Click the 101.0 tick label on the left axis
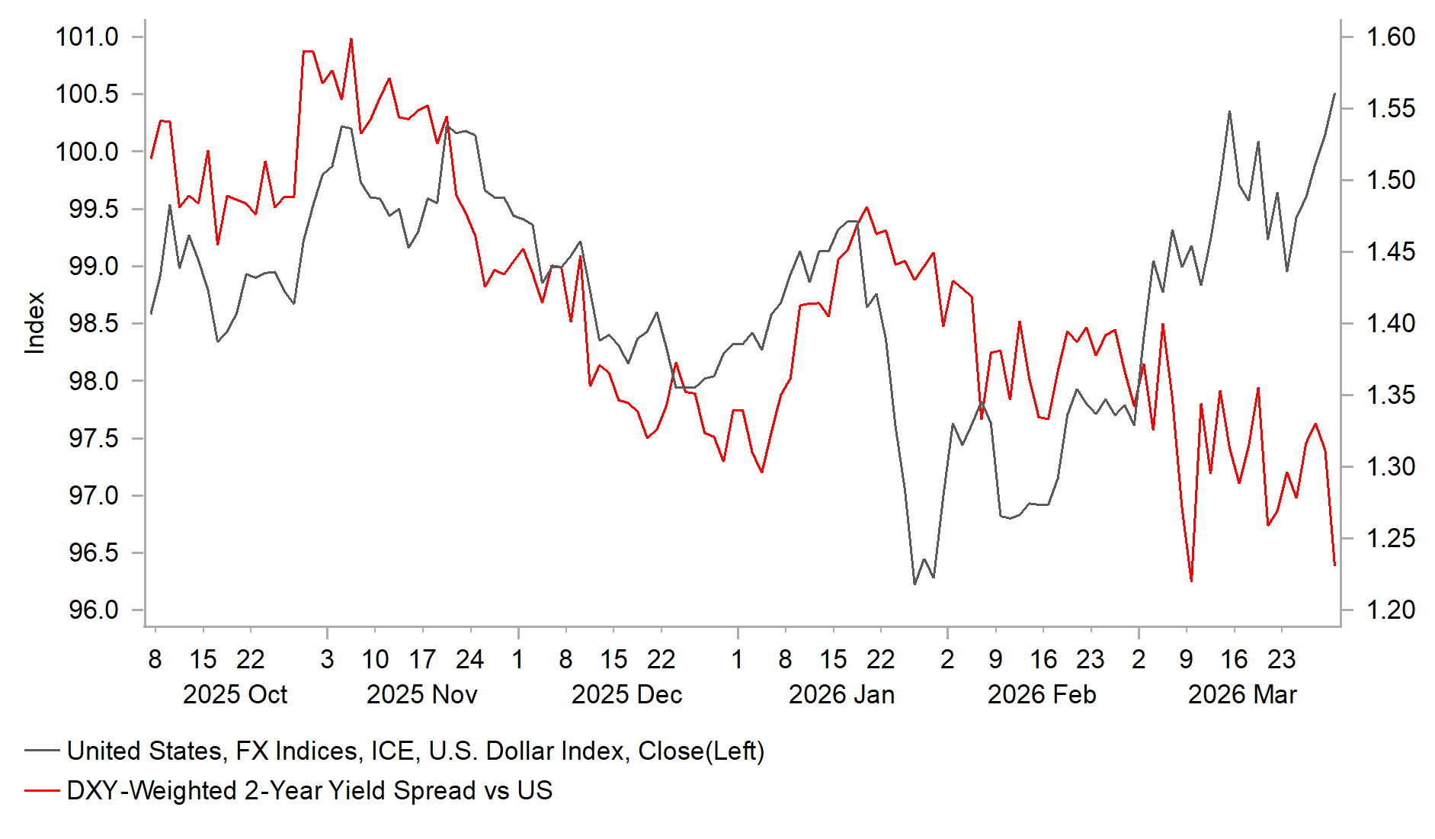(87, 37)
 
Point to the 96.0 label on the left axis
(93, 610)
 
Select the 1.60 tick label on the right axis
(1390, 37)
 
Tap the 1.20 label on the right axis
(1390, 610)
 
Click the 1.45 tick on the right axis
(1390, 251)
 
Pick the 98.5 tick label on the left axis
(93, 323)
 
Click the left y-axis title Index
(35, 323)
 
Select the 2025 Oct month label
(235, 694)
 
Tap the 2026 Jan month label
(841, 694)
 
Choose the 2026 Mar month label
(1242, 694)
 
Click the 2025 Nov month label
(421, 694)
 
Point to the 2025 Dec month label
(626, 694)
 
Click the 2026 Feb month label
(1042, 694)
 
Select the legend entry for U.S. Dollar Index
(415, 751)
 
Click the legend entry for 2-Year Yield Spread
(309, 790)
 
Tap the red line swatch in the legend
(42, 790)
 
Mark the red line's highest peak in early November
(351, 39)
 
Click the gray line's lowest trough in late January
(914, 584)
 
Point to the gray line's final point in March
(1334, 94)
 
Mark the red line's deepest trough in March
(1191, 581)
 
